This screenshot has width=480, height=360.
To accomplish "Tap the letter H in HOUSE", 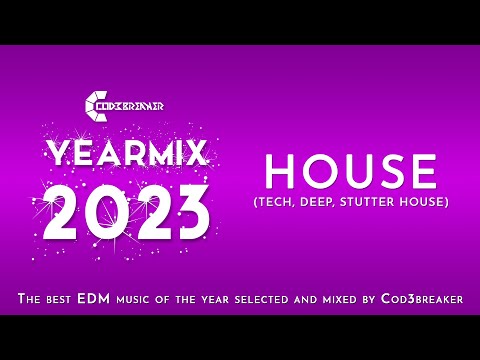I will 279,173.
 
